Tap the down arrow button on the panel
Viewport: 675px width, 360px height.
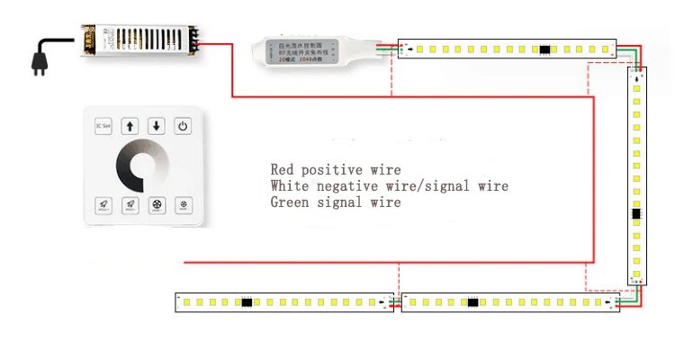pos(157,126)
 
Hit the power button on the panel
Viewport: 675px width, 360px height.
pos(184,126)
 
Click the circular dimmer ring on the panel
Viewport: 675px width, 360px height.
pos(144,167)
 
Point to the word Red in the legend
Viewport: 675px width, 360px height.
pos(282,169)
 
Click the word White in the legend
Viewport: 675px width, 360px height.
pos(290,186)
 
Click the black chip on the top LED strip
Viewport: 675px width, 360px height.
pos(545,49)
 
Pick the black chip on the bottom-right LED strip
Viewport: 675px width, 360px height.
pos(472,302)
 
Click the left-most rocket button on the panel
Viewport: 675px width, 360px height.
pos(103,205)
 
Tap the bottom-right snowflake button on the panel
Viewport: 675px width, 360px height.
pos(184,205)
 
